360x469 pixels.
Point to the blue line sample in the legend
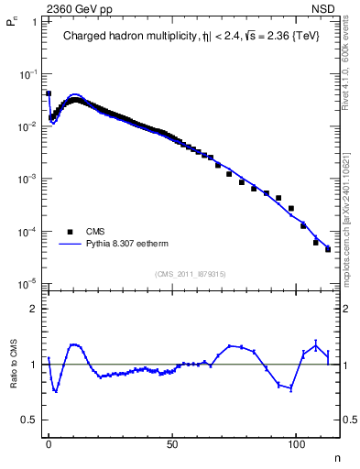coord(69,245)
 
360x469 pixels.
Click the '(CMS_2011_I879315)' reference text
coord(191,274)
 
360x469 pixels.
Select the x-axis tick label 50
coord(172,442)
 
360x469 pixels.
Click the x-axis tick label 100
coord(296,442)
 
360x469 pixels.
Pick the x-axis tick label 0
coord(49,442)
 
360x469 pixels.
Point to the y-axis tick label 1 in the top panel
coord(33,20)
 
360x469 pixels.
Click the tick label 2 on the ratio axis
coord(33,309)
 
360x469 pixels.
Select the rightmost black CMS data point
coord(327,249)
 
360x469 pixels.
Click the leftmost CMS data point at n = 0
coord(49,93)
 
